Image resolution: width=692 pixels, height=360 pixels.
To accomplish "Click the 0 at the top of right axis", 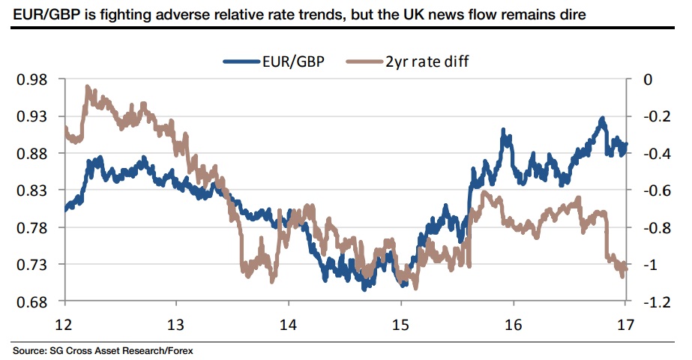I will pos(649,79).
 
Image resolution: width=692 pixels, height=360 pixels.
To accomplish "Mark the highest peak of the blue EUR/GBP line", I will pos(602,118).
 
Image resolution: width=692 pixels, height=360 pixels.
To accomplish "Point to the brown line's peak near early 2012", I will pos(88,88).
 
